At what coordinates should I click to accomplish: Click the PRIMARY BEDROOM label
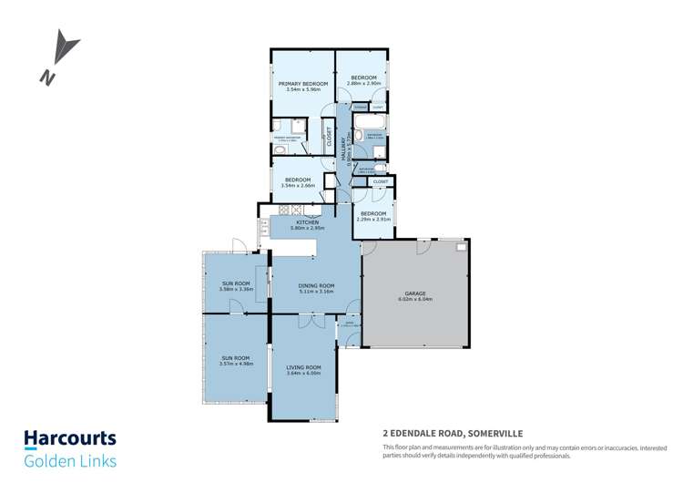click(x=302, y=83)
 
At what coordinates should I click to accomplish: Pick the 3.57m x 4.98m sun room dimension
click(x=236, y=364)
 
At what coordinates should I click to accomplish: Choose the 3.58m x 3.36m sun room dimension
click(x=236, y=290)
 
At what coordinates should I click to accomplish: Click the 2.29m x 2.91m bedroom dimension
click(x=373, y=220)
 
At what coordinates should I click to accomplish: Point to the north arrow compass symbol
click(x=60, y=56)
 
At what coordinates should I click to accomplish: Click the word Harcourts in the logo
click(x=69, y=438)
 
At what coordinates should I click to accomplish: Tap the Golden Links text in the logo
click(x=69, y=461)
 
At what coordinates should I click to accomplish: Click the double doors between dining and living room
click(x=311, y=320)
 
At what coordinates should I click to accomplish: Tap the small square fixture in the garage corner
click(x=462, y=247)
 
